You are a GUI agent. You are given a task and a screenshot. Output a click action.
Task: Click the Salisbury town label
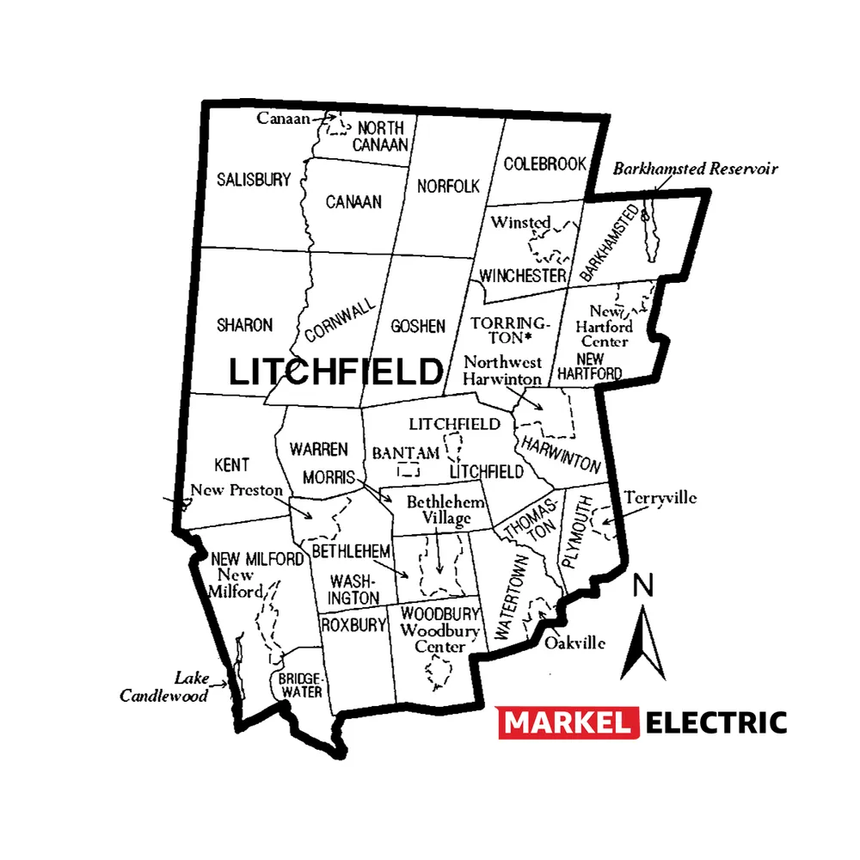click(254, 180)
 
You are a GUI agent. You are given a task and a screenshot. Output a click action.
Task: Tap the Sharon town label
click(244, 325)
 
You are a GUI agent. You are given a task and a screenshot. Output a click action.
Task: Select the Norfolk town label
click(448, 186)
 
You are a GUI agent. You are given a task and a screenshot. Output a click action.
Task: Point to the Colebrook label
click(545, 163)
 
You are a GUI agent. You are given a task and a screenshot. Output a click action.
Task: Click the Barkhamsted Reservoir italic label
click(695, 169)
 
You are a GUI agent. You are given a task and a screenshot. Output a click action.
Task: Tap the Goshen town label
click(418, 326)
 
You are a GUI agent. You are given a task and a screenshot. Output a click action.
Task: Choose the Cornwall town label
click(340, 320)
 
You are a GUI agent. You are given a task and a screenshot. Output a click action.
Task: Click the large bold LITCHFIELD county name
click(335, 372)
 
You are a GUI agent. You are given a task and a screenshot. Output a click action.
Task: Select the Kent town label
click(231, 465)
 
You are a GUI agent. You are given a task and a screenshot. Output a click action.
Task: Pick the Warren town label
click(318, 449)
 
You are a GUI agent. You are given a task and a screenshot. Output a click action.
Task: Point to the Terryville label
click(660, 498)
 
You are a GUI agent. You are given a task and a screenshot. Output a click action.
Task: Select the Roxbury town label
click(353, 625)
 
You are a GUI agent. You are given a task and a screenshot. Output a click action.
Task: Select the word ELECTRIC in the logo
click(716, 722)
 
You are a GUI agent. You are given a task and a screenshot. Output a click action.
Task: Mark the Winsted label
click(520, 223)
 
